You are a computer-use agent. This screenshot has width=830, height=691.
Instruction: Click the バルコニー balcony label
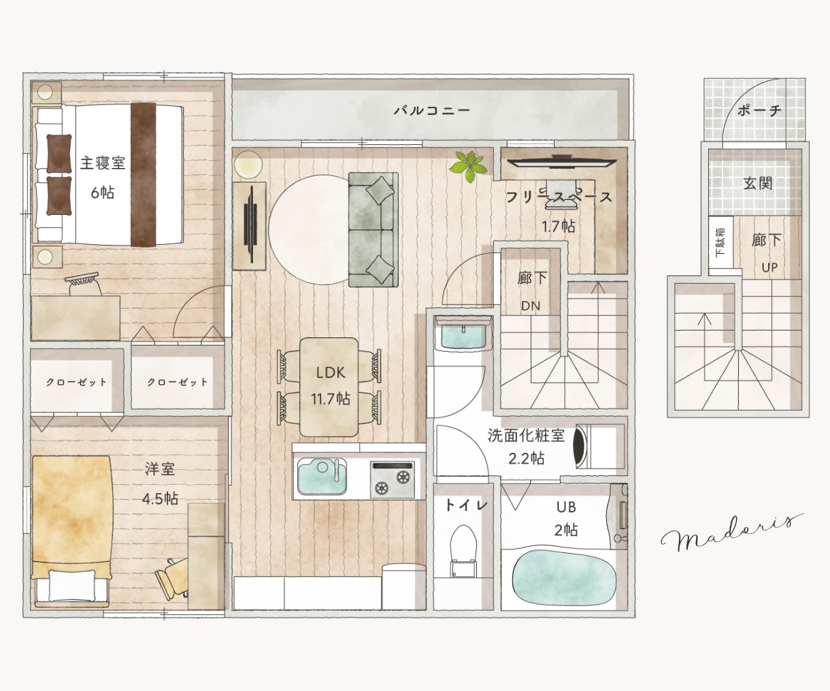(432, 110)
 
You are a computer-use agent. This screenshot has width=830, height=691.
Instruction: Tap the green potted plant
(469, 165)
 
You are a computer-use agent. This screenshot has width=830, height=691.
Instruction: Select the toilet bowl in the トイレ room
(463, 550)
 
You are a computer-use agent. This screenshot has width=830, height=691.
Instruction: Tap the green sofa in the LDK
(373, 230)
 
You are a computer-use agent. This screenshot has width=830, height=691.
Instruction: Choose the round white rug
(309, 230)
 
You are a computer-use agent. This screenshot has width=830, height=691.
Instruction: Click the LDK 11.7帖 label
(331, 386)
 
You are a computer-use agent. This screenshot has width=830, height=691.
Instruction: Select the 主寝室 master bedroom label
(103, 163)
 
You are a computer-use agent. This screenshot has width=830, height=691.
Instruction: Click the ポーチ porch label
(759, 110)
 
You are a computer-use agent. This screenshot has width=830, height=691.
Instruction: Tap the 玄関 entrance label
(758, 183)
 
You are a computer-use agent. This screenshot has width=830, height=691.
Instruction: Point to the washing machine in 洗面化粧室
(599, 447)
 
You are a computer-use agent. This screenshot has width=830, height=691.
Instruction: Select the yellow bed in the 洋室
(71, 531)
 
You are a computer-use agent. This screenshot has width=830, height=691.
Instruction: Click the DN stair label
(531, 306)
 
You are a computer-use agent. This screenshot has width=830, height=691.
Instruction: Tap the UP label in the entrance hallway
(769, 267)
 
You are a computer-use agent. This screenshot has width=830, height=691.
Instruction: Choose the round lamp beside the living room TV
(248, 164)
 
